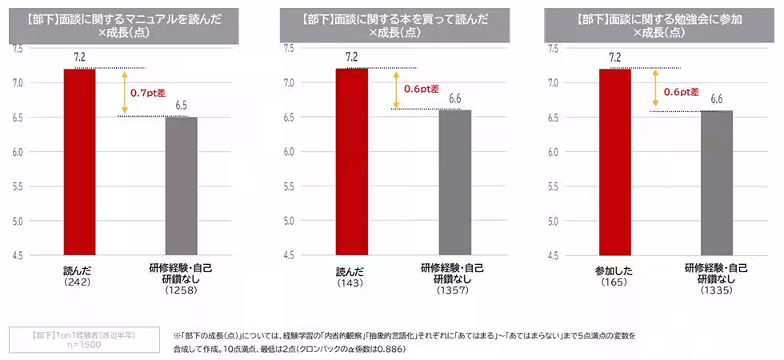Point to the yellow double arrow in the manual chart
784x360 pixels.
(x=123, y=92)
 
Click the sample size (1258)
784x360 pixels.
(x=181, y=290)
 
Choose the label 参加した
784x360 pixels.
(x=614, y=270)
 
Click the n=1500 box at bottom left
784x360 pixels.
(x=73, y=339)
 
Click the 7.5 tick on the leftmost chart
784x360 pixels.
(x=18, y=49)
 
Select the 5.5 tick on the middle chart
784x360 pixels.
(x=289, y=186)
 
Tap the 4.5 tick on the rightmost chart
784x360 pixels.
(x=553, y=255)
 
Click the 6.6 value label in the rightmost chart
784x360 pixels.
(x=717, y=98)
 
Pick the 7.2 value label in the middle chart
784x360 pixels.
(x=351, y=57)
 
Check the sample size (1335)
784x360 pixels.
(x=717, y=290)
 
